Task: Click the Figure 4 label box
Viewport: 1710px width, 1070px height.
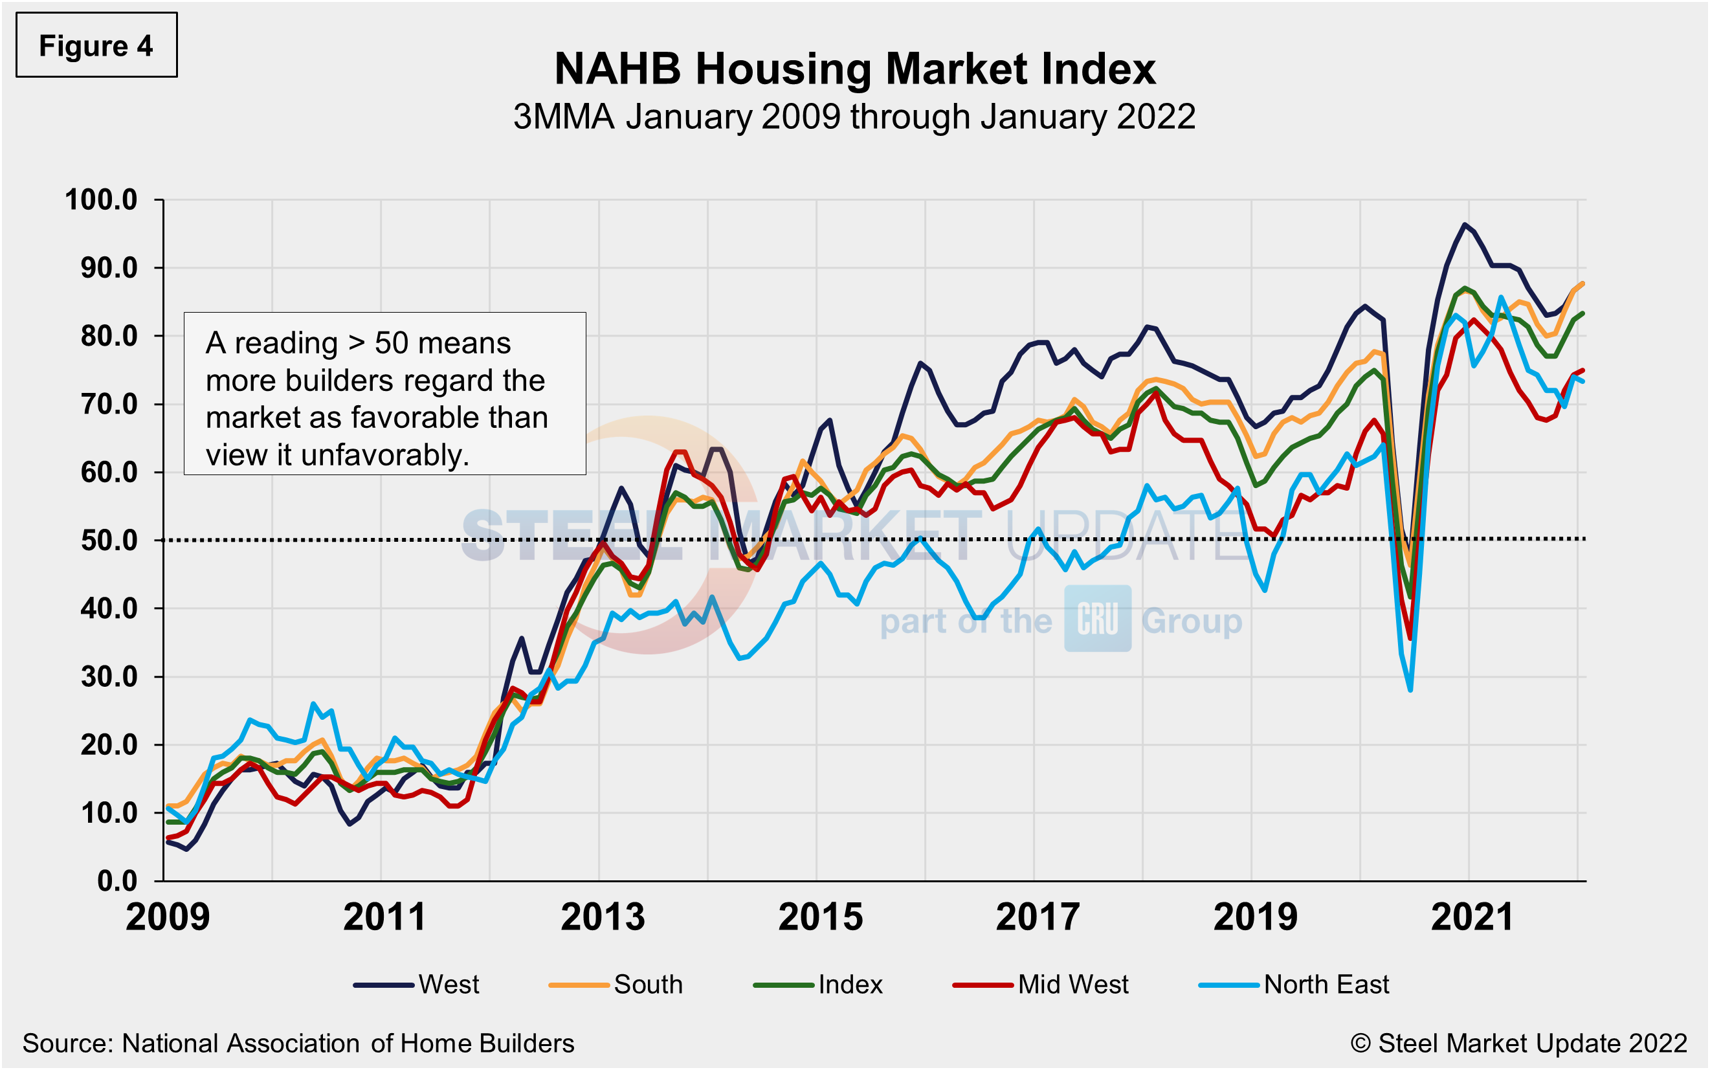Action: pyautogui.click(x=96, y=45)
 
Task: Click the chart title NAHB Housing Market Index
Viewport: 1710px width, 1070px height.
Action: pyautogui.click(x=854, y=69)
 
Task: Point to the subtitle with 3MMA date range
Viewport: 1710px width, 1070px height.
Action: pyautogui.click(x=854, y=116)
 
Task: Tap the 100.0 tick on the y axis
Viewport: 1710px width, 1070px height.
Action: pyautogui.click(x=101, y=199)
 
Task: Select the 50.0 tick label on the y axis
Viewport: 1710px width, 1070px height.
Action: pyautogui.click(x=109, y=540)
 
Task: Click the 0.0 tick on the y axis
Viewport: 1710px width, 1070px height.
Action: pyautogui.click(x=117, y=880)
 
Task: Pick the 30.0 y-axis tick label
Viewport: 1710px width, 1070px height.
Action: pyautogui.click(x=109, y=676)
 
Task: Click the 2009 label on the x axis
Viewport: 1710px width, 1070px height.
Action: pyautogui.click(x=168, y=917)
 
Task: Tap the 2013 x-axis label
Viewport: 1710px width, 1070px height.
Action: pyautogui.click(x=603, y=917)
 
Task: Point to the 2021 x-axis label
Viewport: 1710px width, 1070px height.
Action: pyautogui.click(x=1472, y=917)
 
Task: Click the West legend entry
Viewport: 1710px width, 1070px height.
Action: pyautogui.click(x=417, y=985)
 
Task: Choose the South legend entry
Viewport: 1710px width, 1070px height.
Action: pyautogui.click(x=616, y=985)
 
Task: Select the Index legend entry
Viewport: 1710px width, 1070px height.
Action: pyautogui.click(x=819, y=985)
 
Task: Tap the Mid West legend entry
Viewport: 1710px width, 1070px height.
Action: pyautogui.click(x=1041, y=985)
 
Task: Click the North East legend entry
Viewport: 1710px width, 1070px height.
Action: pyautogui.click(x=1294, y=985)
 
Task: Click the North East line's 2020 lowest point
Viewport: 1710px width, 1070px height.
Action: pyautogui.click(x=1410, y=689)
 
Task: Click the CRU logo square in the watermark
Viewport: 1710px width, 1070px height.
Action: pyautogui.click(x=1097, y=619)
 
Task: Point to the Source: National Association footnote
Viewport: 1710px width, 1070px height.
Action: pyautogui.click(x=298, y=1043)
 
